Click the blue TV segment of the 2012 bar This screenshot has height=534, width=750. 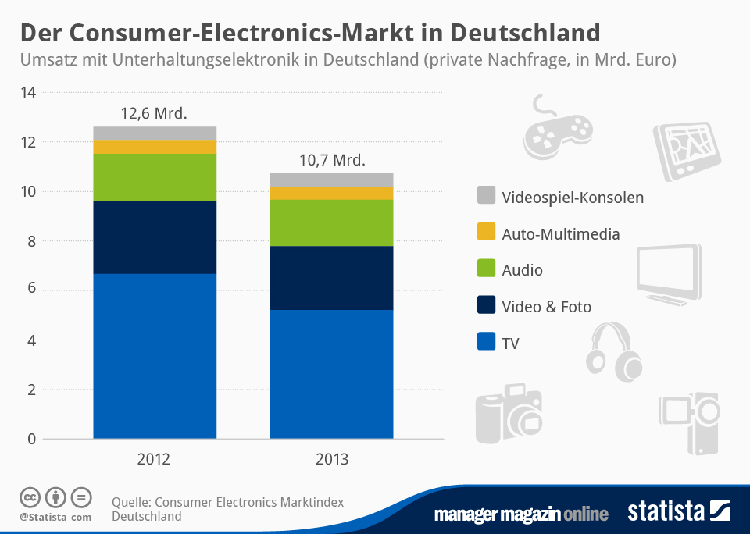[x=155, y=356]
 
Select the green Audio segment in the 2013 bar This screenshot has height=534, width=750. [x=331, y=222]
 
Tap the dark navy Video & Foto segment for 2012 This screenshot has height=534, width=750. [x=155, y=237]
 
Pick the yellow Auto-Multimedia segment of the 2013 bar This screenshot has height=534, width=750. [x=331, y=193]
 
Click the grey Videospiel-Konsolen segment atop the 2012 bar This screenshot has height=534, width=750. [x=155, y=133]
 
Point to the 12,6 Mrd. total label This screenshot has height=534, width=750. [x=154, y=113]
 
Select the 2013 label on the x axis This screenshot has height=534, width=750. [x=332, y=459]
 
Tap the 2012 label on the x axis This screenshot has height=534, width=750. [x=155, y=459]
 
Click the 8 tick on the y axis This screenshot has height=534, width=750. [x=31, y=241]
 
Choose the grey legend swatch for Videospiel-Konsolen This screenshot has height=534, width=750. [x=486, y=197]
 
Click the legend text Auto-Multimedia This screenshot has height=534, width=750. [x=561, y=233]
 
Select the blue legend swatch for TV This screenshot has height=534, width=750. [x=486, y=343]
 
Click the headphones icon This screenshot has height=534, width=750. [x=614, y=352]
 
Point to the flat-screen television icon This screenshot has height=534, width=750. [x=668, y=273]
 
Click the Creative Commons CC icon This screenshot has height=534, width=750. [x=30, y=497]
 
